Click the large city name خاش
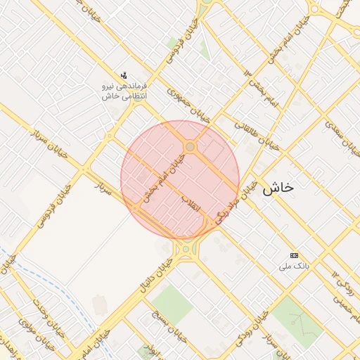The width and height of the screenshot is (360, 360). [278, 188]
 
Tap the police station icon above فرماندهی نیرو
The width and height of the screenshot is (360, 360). [124, 75]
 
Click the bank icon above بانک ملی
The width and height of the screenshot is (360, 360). [294, 255]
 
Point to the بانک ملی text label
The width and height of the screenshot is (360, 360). [294, 266]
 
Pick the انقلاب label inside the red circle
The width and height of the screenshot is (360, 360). [191, 205]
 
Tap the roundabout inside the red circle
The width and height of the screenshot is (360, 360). [191, 146]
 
